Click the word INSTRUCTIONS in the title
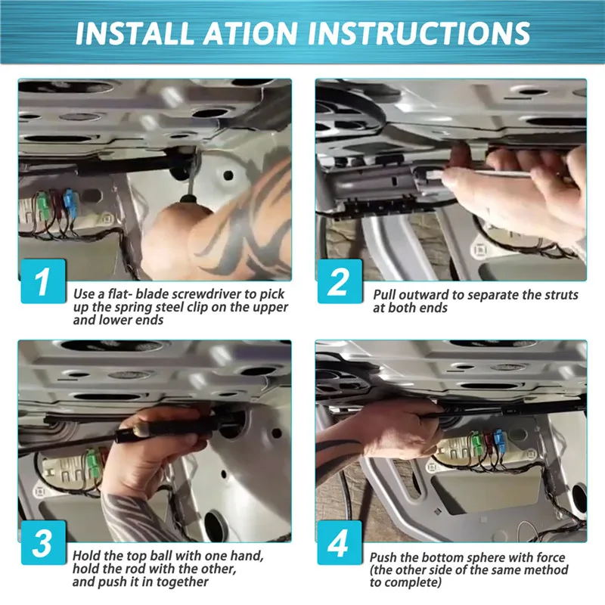coord(419,33)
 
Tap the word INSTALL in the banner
coord(135,33)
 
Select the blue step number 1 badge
coord(43,281)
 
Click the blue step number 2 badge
coord(340,281)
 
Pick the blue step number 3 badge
coord(43,542)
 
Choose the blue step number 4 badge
coord(340,542)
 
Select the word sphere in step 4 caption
coord(484,557)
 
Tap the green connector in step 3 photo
coord(92,464)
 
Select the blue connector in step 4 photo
coord(499,442)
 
